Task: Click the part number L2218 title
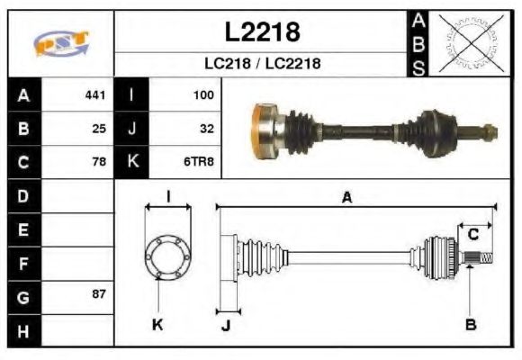[261, 32]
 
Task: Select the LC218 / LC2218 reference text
[261, 64]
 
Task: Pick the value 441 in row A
[94, 94]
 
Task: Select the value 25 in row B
[99, 128]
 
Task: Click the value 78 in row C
[99, 162]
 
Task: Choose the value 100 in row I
[202, 94]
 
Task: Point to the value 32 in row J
[206, 128]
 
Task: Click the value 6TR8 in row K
[199, 162]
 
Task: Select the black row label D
[23, 195]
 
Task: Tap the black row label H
[23, 330]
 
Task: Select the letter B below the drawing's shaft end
[470, 324]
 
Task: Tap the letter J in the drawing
[225, 325]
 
